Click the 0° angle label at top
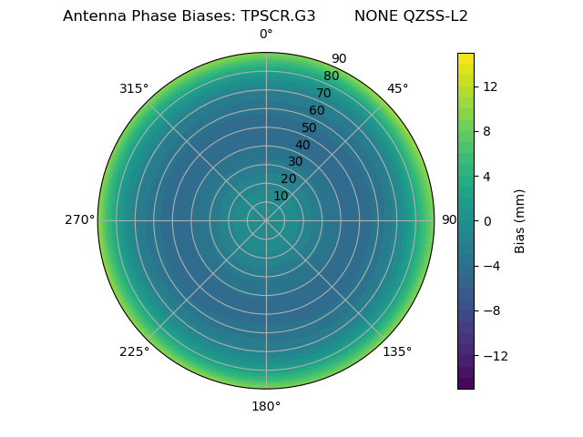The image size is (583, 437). click(x=266, y=35)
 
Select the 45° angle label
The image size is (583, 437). click(x=397, y=88)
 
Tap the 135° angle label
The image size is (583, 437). click(x=397, y=351)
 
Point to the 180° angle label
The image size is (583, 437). click(x=266, y=406)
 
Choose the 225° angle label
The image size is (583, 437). click(x=134, y=351)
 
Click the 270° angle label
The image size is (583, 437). click(x=79, y=219)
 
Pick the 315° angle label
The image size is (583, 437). click(x=134, y=88)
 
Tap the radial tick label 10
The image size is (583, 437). click(x=281, y=196)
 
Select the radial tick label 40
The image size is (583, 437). click(x=302, y=145)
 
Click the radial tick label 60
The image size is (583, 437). click(x=317, y=110)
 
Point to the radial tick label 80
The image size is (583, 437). click(x=331, y=76)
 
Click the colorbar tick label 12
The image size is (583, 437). click(x=489, y=86)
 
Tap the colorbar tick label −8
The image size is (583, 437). click(x=489, y=310)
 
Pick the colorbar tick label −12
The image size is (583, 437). click(x=493, y=355)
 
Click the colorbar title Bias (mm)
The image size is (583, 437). click(x=520, y=220)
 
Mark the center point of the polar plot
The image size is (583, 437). click(x=266, y=220)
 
